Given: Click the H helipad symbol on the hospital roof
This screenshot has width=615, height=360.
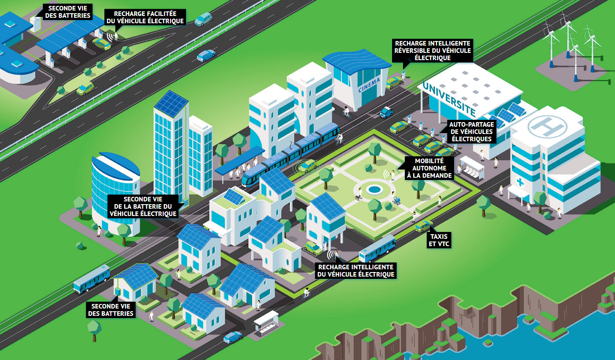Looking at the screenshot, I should [x=545, y=124].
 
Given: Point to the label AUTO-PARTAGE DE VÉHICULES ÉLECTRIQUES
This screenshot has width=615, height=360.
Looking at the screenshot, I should [x=470, y=132].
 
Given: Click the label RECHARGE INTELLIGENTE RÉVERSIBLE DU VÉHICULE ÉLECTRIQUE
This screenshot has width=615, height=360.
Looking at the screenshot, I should [x=433, y=50].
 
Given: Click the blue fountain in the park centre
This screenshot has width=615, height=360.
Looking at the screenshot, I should [x=374, y=189].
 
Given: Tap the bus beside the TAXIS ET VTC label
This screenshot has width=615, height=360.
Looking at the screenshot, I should [x=377, y=249].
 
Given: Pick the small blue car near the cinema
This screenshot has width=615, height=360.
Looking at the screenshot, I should [x=387, y=112].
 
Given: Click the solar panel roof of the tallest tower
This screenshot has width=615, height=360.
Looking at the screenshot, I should [x=171, y=103].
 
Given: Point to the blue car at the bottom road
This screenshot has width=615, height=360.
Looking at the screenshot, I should [x=233, y=337].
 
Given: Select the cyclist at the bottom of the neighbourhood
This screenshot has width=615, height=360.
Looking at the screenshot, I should [x=306, y=293].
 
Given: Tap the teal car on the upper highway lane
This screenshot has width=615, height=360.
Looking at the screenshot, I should [x=203, y=19].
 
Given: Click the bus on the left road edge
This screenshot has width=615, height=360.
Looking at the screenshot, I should [x=92, y=278].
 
